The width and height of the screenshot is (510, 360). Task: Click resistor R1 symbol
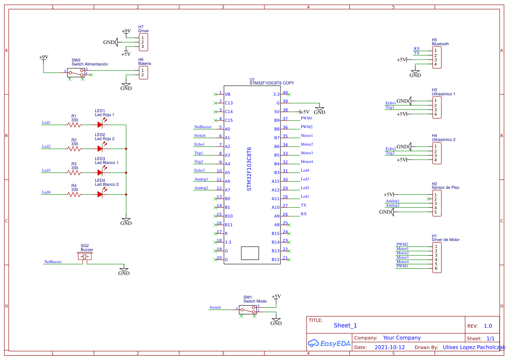pyautogui.click(x=74, y=125)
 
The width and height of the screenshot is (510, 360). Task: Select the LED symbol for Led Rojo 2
pyautogui.click(x=100, y=149)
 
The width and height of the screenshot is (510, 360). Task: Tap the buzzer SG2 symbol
pyautogui.click(x=85, y=257)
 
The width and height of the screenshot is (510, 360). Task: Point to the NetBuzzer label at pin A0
pyautogui.click(x=203, y=127)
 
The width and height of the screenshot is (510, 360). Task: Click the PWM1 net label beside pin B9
pyautogui.click(x=307, y=118)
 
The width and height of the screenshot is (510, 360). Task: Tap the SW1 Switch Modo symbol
pyautogui.click(x=247, y=310)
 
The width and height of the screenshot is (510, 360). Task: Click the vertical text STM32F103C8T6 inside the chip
pyautogui.click(x=249, y=169)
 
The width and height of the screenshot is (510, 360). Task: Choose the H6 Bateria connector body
pyautogui.click(x=143, y=73)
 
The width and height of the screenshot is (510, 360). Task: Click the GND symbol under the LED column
pyautogui.click(x=126, y=222)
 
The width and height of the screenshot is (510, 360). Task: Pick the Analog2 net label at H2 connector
pyautogui.click(x=393, y=205)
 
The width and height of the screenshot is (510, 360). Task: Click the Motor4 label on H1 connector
pyautogui.click(x=402, y=262)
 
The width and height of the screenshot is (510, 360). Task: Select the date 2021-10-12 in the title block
pyautogui.click(x=390, y=347)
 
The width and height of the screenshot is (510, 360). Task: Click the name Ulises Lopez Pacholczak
pyautogui.click(x=474, y=347)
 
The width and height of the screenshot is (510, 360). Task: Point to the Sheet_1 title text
pyautogui.click(x=345, y=325)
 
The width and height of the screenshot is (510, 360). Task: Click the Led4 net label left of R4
pyautogui.click(x=46, y=192)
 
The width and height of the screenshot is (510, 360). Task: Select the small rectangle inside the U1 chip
pyautogui.click(x=250, y=253)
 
